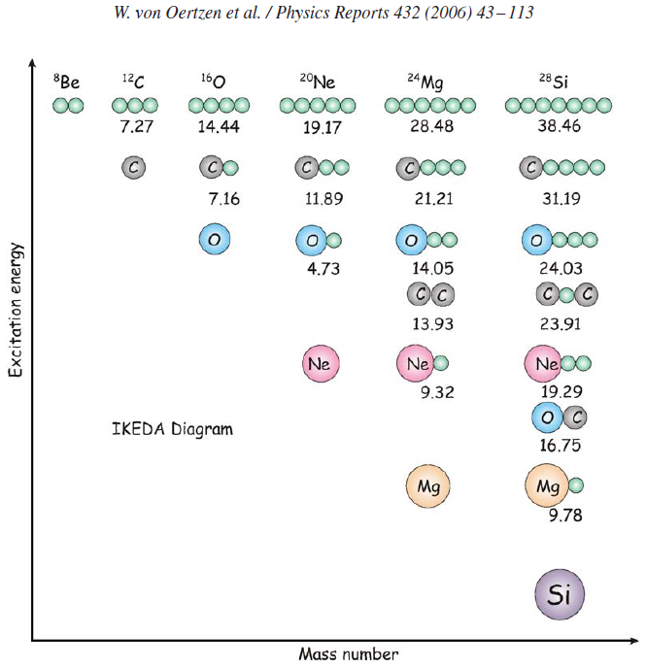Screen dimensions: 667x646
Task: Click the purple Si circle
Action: tap(560, 594)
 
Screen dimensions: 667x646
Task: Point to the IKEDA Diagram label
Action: tap(173, 428)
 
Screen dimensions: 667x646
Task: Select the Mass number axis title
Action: tap(348, 653)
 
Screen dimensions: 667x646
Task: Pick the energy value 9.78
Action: tap(565, 516)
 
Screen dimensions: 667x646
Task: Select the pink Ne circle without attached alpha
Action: tap(321, 364)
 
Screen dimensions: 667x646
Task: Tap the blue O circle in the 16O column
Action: tap(215, 239)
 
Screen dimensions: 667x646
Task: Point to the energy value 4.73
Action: tap(323, 269)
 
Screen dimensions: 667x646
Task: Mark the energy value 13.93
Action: tap(429, 323)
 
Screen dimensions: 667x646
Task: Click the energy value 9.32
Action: tap(437, 392)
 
